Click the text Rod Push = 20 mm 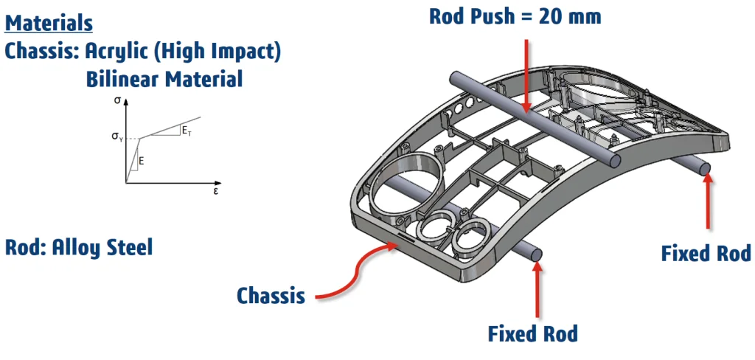click(515, 15)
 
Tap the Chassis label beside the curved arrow click(271, 296)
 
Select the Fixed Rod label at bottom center click(532, 333)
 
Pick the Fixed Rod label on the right click(706, 254)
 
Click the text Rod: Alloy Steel click(79, 247)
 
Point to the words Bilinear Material click(164, 79)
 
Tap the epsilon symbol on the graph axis click(215, 190)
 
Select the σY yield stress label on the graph click(118, 136)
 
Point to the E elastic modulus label click(141, 159)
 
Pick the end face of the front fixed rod click(537, 255)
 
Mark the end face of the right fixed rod click(705, 170)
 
